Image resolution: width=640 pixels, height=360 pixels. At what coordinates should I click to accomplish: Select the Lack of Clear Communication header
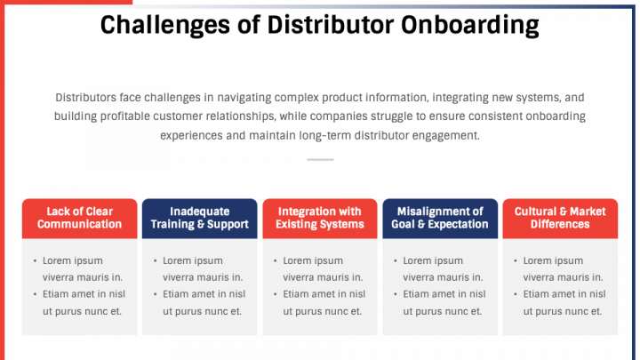point(79,218)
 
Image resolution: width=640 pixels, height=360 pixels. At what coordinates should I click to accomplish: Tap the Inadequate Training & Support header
point(199,218)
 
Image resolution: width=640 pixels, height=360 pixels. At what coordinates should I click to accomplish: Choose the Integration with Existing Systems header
point(320,218)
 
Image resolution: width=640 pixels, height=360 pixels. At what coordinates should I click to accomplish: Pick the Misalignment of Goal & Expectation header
point(440,218)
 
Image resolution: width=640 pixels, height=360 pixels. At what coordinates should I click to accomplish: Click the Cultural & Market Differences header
point(560,218)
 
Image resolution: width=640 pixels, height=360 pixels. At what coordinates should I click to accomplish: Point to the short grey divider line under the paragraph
point(320,160)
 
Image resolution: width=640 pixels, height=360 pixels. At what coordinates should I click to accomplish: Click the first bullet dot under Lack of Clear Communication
point(35,261)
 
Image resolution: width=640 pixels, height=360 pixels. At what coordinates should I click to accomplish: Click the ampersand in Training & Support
point(200,225)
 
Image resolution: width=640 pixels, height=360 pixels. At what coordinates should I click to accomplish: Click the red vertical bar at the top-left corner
point(3,36)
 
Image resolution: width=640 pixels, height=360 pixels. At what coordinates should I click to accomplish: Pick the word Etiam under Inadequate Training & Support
point(179,294)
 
